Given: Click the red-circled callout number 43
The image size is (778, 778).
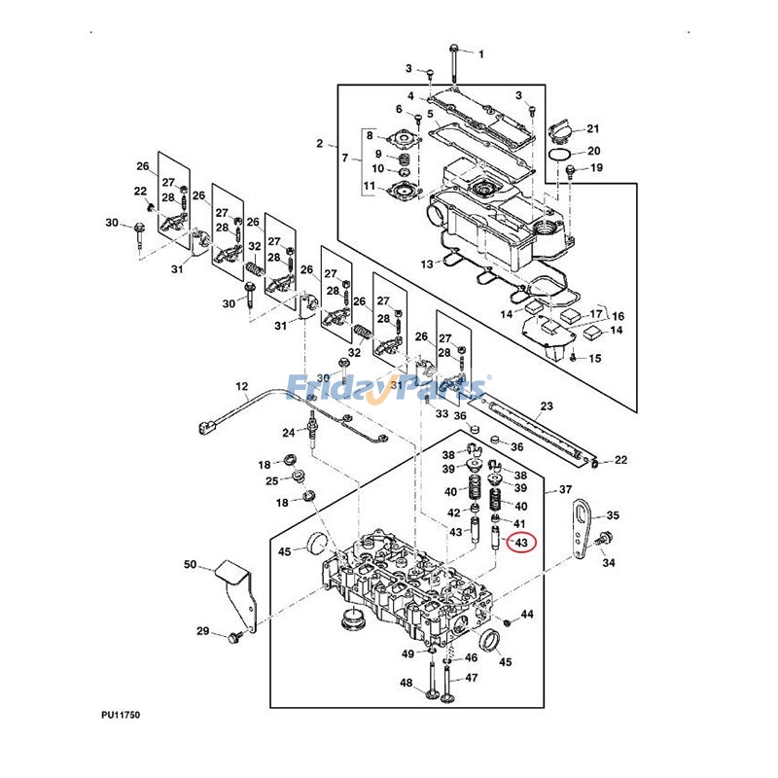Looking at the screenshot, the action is [x=521, y=543].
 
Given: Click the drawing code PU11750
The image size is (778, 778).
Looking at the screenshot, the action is [x=121, y=715].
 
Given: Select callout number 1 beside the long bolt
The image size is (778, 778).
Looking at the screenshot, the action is [x=480, y=54].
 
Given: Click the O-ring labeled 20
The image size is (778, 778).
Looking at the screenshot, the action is [x=559, y=155].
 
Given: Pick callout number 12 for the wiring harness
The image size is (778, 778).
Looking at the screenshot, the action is [x=241, y=386].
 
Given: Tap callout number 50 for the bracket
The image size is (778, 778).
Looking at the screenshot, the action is [x=190, y=565].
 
